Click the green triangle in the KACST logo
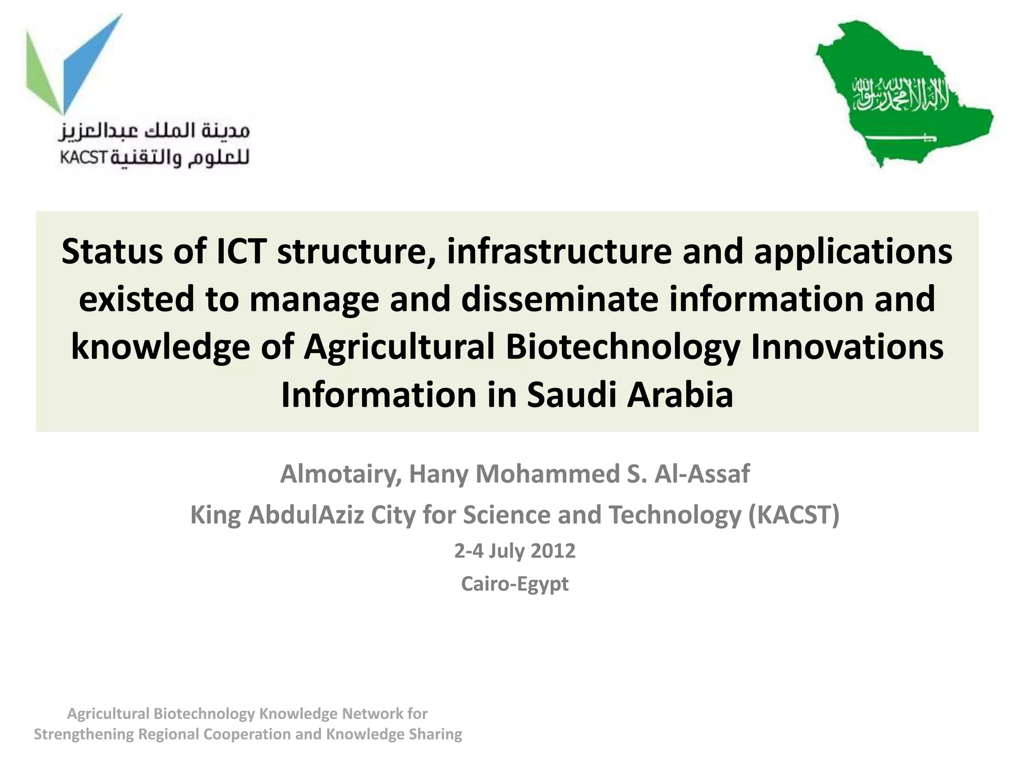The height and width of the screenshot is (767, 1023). coord(42,75)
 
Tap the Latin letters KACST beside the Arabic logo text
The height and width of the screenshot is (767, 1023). coord(83,158)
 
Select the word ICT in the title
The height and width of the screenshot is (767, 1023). coord(241,251)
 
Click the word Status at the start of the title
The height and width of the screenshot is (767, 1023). coord(112,251)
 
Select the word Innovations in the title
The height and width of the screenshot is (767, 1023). coord(847,347)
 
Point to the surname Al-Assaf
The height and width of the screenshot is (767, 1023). coord(702,474)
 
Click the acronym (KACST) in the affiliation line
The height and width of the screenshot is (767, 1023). coord(794,515)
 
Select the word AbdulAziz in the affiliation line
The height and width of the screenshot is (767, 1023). coord(306,515)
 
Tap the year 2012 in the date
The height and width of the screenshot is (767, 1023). coord(553,551)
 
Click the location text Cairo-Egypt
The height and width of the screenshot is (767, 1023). coord(514,584)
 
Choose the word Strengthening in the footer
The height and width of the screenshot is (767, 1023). coord(83,735)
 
